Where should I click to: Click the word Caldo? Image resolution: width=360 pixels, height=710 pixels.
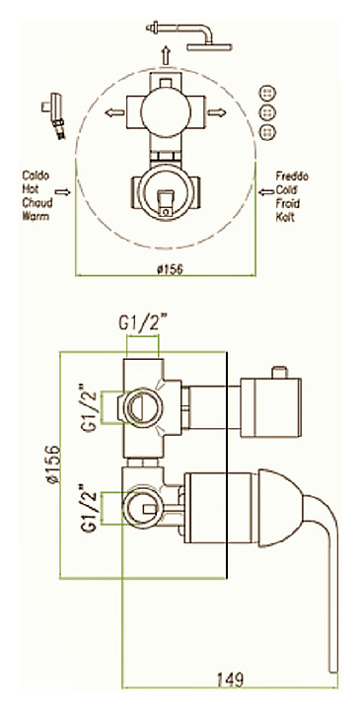pos(36,176)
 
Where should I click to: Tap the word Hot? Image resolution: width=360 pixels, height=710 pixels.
pos(31,189)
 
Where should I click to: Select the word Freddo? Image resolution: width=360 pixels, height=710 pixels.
pos(292,177)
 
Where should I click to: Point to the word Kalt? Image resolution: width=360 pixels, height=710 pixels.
pos(285,217)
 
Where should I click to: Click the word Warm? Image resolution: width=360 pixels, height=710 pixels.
pos(36,216)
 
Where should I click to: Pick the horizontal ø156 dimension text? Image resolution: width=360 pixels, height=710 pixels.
pos(170,269)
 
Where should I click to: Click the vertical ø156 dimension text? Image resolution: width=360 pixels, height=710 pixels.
pos(53,464)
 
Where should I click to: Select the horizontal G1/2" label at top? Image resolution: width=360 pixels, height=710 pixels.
pos(142,324)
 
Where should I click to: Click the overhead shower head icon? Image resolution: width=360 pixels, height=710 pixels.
pos(188,36)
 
